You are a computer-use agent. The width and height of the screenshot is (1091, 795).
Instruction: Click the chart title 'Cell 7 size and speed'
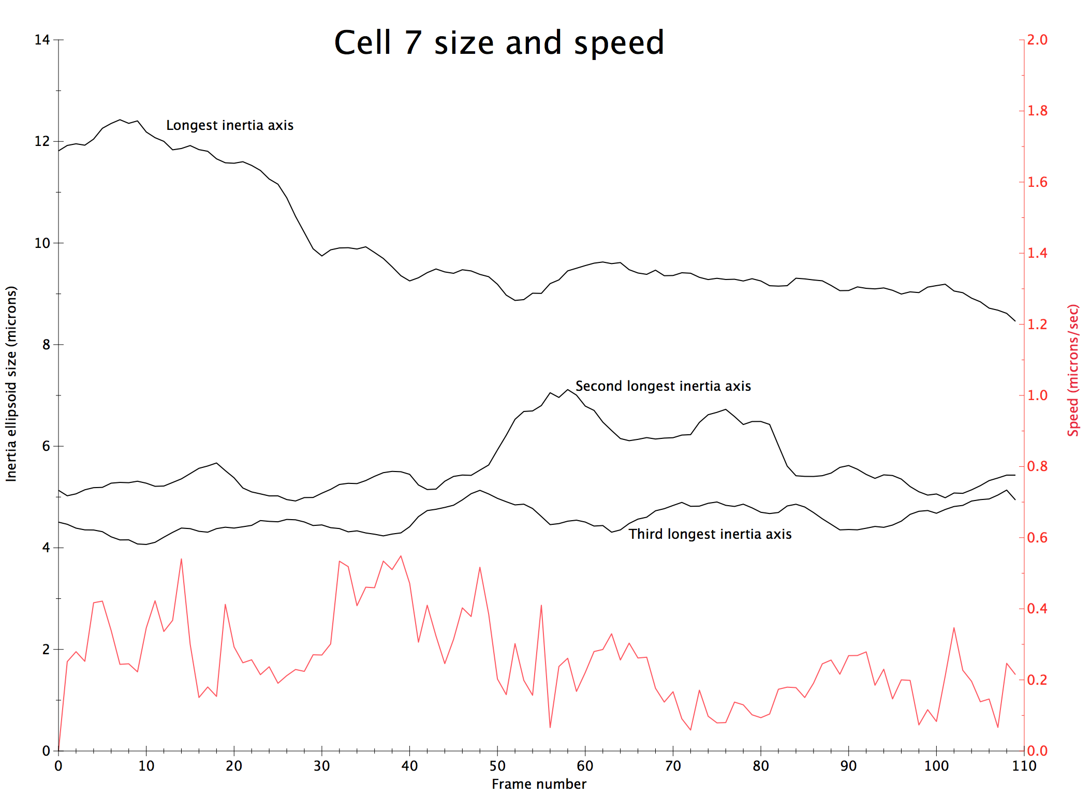coord(499,42)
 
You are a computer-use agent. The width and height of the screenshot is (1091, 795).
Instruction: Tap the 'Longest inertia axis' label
coord(230,125)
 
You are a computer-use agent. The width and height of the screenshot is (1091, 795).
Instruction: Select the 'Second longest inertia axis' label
coord(663,386)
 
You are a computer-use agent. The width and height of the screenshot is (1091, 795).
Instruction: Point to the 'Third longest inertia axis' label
coord(710,534)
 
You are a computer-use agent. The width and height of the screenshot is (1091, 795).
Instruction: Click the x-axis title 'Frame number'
coord(539,784)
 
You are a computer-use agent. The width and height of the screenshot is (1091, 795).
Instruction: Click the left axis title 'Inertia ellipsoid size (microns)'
coord(11,384)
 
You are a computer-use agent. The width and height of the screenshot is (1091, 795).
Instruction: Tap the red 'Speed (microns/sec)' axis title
coord(1073,370)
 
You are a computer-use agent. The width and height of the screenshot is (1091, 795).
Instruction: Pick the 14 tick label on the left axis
coord(42,40)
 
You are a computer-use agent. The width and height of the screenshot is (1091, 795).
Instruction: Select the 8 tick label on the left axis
coord(46,345)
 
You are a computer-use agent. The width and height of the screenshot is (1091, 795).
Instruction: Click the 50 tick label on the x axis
coord(497,766)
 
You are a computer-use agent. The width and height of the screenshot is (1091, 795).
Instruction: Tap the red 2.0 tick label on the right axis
coord(1037,40)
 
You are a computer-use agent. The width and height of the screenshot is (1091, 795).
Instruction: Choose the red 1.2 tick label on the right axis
coord(1037,325)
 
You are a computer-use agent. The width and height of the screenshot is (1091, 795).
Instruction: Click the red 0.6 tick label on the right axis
coord(1037,538)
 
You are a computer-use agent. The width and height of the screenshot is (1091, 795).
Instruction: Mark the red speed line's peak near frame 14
coord(181,559)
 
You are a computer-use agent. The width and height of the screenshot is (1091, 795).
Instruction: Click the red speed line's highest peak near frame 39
coord(401,556)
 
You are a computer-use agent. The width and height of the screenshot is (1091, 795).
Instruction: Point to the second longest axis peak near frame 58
coord(568,389)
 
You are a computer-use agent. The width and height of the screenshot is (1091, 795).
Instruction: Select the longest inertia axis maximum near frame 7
coord(120,120)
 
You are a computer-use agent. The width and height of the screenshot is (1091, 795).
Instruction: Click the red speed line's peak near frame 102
coord(954,628)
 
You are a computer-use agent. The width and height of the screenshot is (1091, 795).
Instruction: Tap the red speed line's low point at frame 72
coord(690,730)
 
